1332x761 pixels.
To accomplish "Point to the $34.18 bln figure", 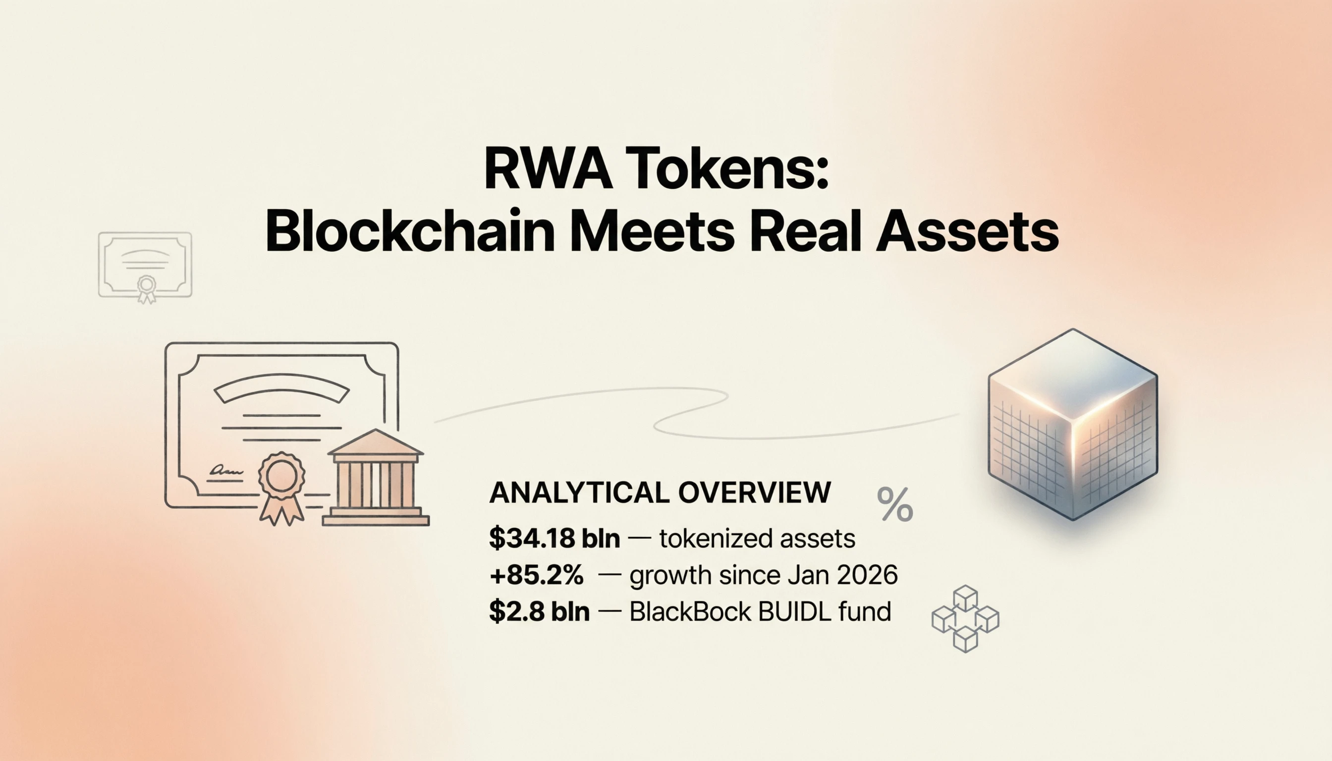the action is pyautogui.click(x=554, y=538).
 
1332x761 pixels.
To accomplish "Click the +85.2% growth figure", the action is pyautogui.click(x=536, y=574).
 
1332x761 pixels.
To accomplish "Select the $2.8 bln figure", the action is pyautogui.click(x=539, y=611).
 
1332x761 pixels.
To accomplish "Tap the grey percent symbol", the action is pyautogui.click(x=895, y=504).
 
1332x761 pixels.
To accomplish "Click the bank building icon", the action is pyautogui.click(x=375, y=477).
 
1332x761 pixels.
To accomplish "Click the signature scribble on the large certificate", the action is pyautogui.click(x=226, y=471).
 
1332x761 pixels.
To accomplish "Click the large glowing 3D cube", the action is pyautogui.click(x=1073, y=425).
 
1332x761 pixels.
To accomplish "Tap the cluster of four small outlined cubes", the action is pyautogui.click(x=965, y=618).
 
